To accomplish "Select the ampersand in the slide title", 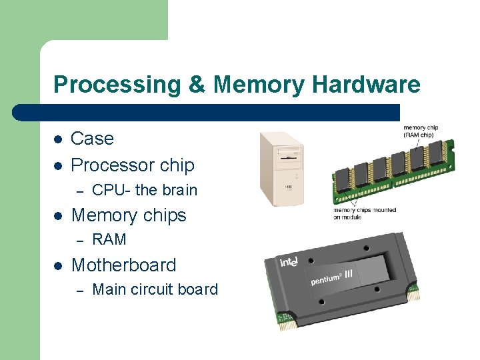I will point(198,85).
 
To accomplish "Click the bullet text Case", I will point(92,139).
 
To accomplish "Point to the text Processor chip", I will point(132,165).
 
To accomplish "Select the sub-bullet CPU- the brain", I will point(144,190).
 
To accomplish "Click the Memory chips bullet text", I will point(128,215).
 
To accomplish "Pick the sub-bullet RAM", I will point(109,239).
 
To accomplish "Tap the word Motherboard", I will point(123,265).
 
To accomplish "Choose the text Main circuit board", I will point(155,289).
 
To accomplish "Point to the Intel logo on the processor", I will point(289,262).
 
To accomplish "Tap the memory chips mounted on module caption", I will point(365,213).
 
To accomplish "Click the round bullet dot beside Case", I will point(58,139).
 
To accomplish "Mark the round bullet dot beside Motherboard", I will point(58,265).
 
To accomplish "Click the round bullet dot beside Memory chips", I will point(58,216).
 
